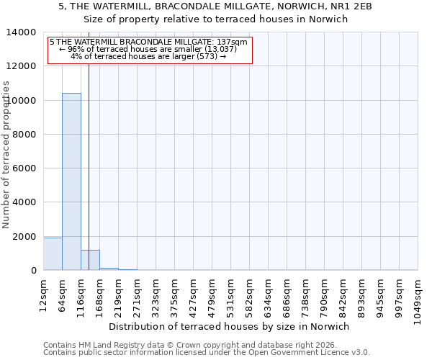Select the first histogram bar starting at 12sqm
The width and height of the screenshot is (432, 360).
tap(53, 254)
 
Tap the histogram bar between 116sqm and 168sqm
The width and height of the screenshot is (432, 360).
tap(90, 260)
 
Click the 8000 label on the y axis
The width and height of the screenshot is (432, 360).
tap(24, 135)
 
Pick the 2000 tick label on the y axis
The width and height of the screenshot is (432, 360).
tap(24, 237)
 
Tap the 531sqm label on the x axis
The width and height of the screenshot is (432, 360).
tap(230, 292)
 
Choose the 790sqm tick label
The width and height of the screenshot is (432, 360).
tap(324, 292)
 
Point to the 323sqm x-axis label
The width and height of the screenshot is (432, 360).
tap(156, 292)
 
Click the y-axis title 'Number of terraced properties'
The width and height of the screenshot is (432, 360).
tap(6, 154)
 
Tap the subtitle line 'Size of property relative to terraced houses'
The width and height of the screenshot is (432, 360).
tap(215, 19)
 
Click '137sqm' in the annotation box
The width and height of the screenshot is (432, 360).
tap(234, 42)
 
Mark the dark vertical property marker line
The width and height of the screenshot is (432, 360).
tap(89, 166)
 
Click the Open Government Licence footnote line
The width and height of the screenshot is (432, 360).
tap(207, 353)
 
